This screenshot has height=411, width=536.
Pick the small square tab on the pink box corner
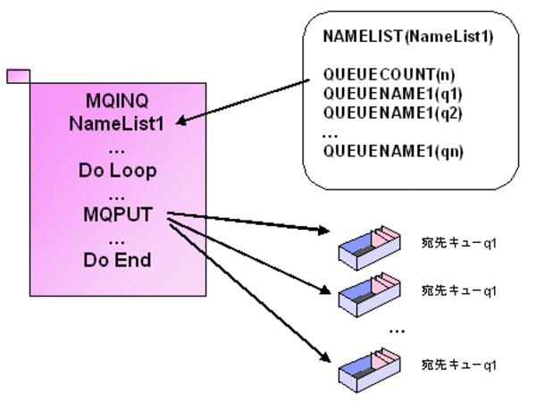pos(18,76)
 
